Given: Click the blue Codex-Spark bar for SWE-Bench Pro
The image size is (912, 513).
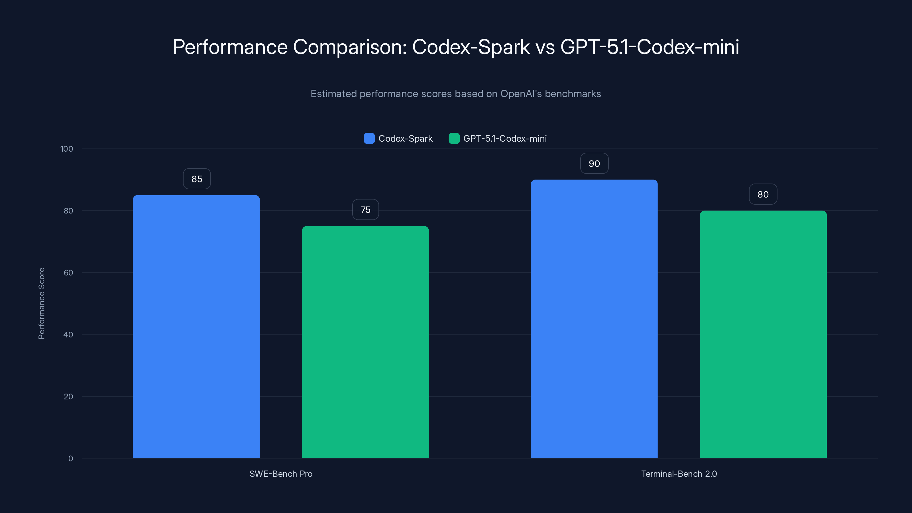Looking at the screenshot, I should click(196, 326).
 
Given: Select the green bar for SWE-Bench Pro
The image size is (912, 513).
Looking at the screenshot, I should click(365, 342).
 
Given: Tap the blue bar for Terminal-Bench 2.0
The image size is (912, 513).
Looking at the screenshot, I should click(594, 319).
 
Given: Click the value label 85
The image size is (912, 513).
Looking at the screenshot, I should click(197, 179).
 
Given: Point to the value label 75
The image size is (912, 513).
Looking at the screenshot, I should click(365, 209).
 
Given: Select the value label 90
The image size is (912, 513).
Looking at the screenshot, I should click(594, 164).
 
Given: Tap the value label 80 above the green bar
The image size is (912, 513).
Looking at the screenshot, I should click(763, 194).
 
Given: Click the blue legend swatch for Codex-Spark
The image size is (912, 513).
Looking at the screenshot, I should click(369, 139).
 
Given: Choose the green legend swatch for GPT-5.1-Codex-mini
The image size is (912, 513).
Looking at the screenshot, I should click(454, 139).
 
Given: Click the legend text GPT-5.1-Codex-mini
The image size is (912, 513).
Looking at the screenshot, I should click(505, 139).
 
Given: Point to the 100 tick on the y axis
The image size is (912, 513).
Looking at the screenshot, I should click(67, 149).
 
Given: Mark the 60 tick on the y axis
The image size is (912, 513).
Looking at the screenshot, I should click(68, 273).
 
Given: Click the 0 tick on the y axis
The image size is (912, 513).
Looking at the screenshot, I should click(70, 459).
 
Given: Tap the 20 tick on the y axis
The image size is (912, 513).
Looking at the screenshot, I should click(68, 396).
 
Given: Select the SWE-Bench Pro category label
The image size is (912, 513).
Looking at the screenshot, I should click(281, 474).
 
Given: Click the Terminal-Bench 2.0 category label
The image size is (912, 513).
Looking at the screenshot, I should click(679, 474).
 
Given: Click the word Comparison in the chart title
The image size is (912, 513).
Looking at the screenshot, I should click(350, 47).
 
